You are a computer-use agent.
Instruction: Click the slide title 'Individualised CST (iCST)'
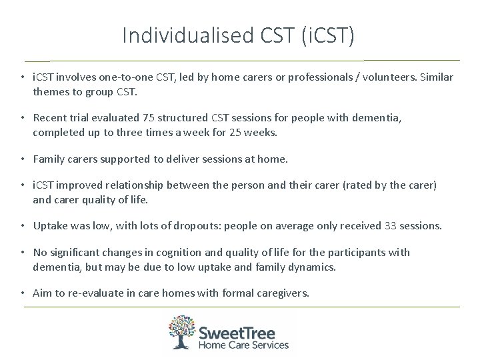click(239, 35)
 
